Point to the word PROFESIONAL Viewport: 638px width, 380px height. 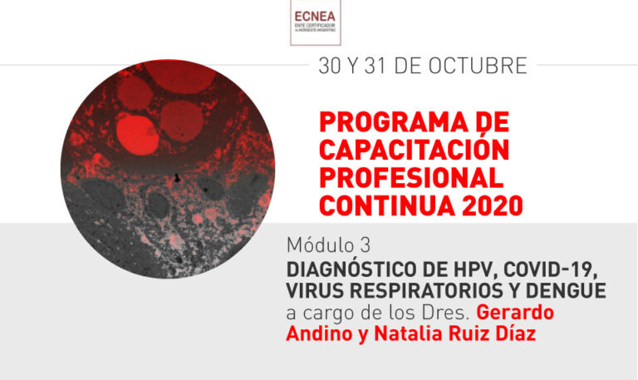click(x=410, y=178)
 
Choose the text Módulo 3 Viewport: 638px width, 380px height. click(x=328, y=246)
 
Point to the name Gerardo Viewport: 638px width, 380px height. click(x=517, y=314)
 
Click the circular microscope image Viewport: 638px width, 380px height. click(x=167, y=167)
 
